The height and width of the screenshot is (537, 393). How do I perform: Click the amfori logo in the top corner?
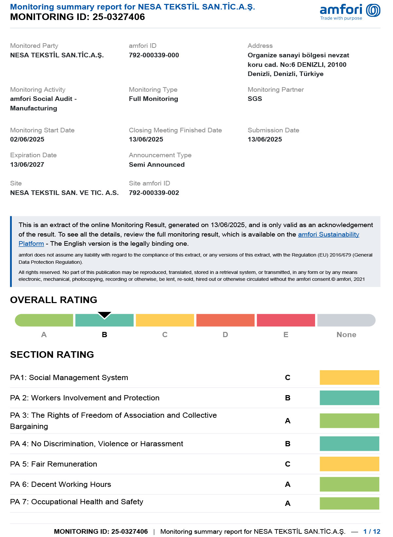(x=350, y=11)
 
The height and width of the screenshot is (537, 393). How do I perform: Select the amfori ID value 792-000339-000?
(x=154, y=55)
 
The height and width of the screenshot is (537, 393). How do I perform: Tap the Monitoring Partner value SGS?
(x=255, y=99)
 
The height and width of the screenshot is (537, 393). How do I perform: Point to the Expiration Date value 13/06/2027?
(x=27, y=164)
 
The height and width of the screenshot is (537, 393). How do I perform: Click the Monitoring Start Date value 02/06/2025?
(x=27, y=139)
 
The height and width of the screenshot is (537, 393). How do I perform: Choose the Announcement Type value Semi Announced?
(x=157, y=164)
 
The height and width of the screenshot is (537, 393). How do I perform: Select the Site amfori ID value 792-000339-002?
(x=154, y=193)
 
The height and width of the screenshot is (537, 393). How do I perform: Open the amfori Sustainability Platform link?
(x=328, y=234)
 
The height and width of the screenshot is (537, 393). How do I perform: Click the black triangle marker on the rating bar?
(x=104, y=315)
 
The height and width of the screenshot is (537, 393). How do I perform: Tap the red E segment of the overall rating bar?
(x=286, y=320)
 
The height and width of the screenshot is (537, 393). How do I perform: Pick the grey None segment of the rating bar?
(x=346, y=320)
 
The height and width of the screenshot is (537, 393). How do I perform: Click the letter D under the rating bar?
(x=225, y=335)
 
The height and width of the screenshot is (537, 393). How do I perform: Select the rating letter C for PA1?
(x=288, y=377)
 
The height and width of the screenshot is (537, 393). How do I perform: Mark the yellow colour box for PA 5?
(x=349, y=464)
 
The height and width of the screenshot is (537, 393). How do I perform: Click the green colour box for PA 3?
(x=349, y=421)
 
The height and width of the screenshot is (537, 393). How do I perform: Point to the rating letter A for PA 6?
(x=288, y=484)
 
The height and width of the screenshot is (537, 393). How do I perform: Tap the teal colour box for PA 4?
(x=349, y=444)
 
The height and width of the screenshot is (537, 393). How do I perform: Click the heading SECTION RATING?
(x=52, y=355)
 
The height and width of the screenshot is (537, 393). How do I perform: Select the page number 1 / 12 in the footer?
(x=372, y=531)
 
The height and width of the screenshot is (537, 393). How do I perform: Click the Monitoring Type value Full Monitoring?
(x=153, y=99)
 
